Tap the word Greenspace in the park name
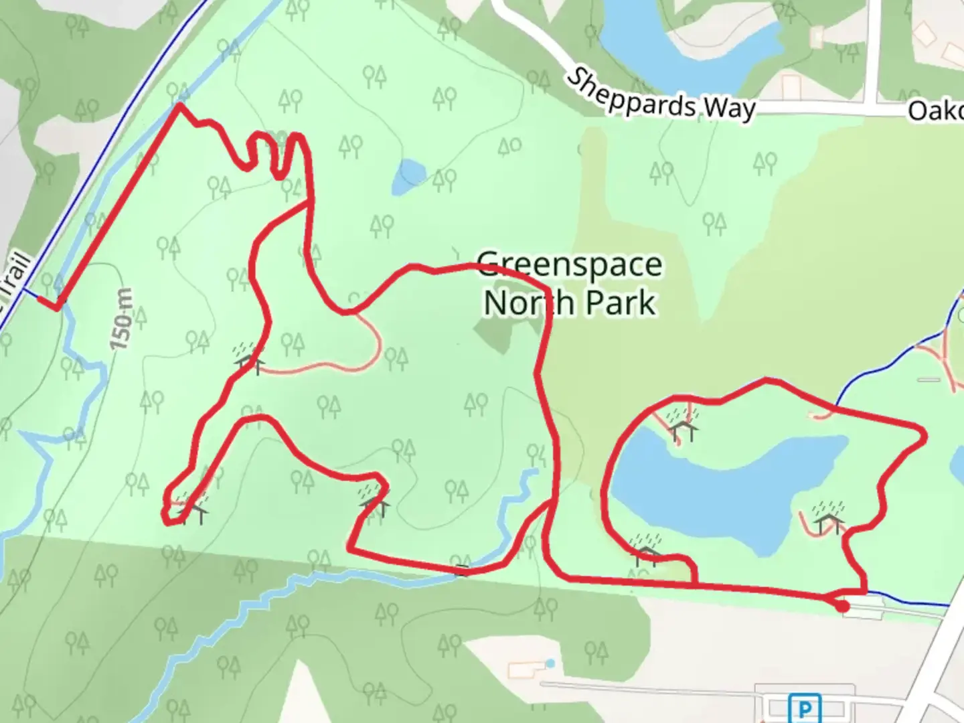(x=570, y=265)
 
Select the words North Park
(x=569, y=303)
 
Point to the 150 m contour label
(x=123, y=319)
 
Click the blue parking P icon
(x=805, y=708)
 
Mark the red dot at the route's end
(x=843, y=607)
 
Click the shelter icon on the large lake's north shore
(x=684, y=426)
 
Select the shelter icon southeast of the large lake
(x=829, y=517)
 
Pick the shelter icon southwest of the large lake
(x=646, y=550)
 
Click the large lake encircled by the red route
(x=723, y=489)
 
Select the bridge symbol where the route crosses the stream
(x=462, y=570)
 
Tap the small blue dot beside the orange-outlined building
(x=550, y=663)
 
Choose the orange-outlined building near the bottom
(x=523, y=669)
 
